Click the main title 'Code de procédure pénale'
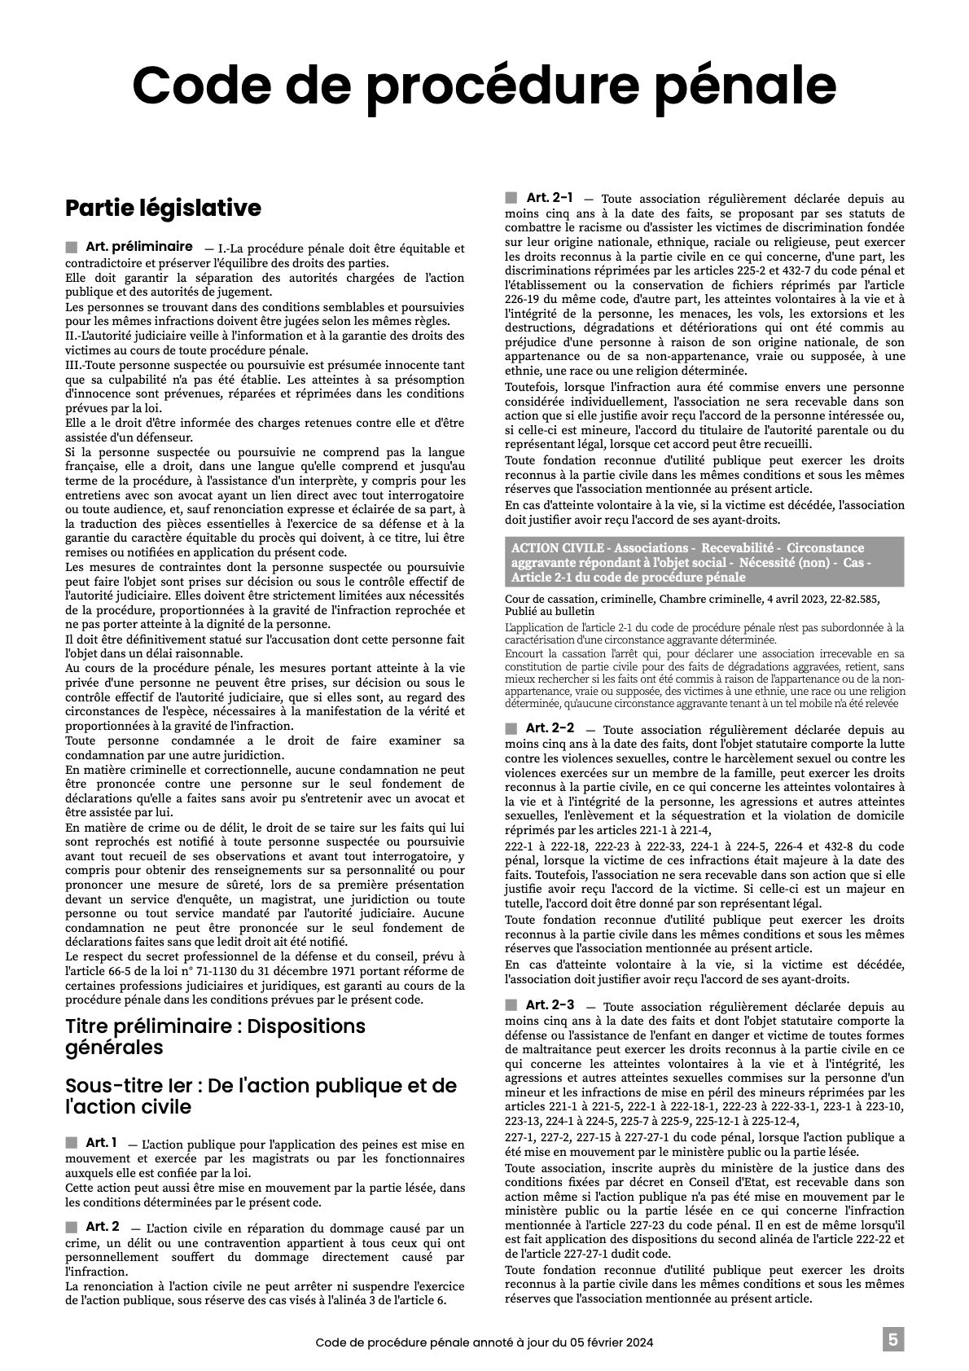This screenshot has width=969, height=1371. pyautogui.click(x=484, y=84)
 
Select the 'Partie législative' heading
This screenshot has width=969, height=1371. pyautogui.click(x=163, y=208)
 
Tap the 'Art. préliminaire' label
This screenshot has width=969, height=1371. pyautogui.click(x=138, y=246)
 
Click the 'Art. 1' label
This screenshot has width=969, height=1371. pyautogui.click(x=101, y=1142)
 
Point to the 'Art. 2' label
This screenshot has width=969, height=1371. pyautogui.click(x=103, y=1226)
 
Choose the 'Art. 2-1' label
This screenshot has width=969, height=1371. pyautogui.click(x=549, y=197)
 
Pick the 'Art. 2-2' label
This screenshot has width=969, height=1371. pyautogui.click(x=550, y=727)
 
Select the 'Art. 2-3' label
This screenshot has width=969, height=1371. pyautogui.click(x=550, y=1004)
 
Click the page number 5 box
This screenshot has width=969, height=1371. pyautogui.click(x=892, y=1339)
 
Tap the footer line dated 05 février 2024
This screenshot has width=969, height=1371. pyautogui.click(x=484, y=1342)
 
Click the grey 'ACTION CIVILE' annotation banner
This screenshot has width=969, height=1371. pyautogui.click(x=704, y=562)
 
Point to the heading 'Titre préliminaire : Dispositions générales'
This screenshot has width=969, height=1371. pyautogui.click(x=215, y=1035)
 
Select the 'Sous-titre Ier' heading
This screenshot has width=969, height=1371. pyautogui.click(x=261, y=1096)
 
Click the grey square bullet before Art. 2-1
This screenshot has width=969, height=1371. pyautogui.click(x=511, y=198)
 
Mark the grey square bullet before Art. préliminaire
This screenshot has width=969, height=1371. pyautogui.click(x=71, y=247)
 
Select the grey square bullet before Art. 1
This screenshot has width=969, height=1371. pyautogui.click(x=71, y=1143)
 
